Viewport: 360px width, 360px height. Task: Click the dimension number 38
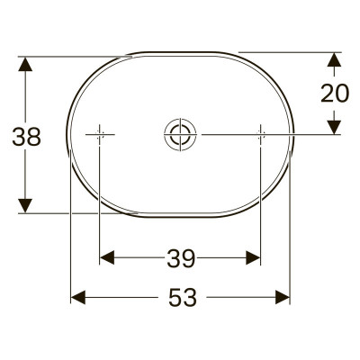26,137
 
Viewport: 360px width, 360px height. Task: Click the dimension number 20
335,93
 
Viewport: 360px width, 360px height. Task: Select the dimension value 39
181,258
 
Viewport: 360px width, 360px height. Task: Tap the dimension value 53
183,297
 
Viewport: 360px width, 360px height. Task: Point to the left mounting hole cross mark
100,134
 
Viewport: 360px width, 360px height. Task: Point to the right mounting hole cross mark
261,134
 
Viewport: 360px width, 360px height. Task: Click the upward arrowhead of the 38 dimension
25,64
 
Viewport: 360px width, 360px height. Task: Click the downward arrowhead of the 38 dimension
25,205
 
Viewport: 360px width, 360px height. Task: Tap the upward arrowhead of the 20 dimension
334,59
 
